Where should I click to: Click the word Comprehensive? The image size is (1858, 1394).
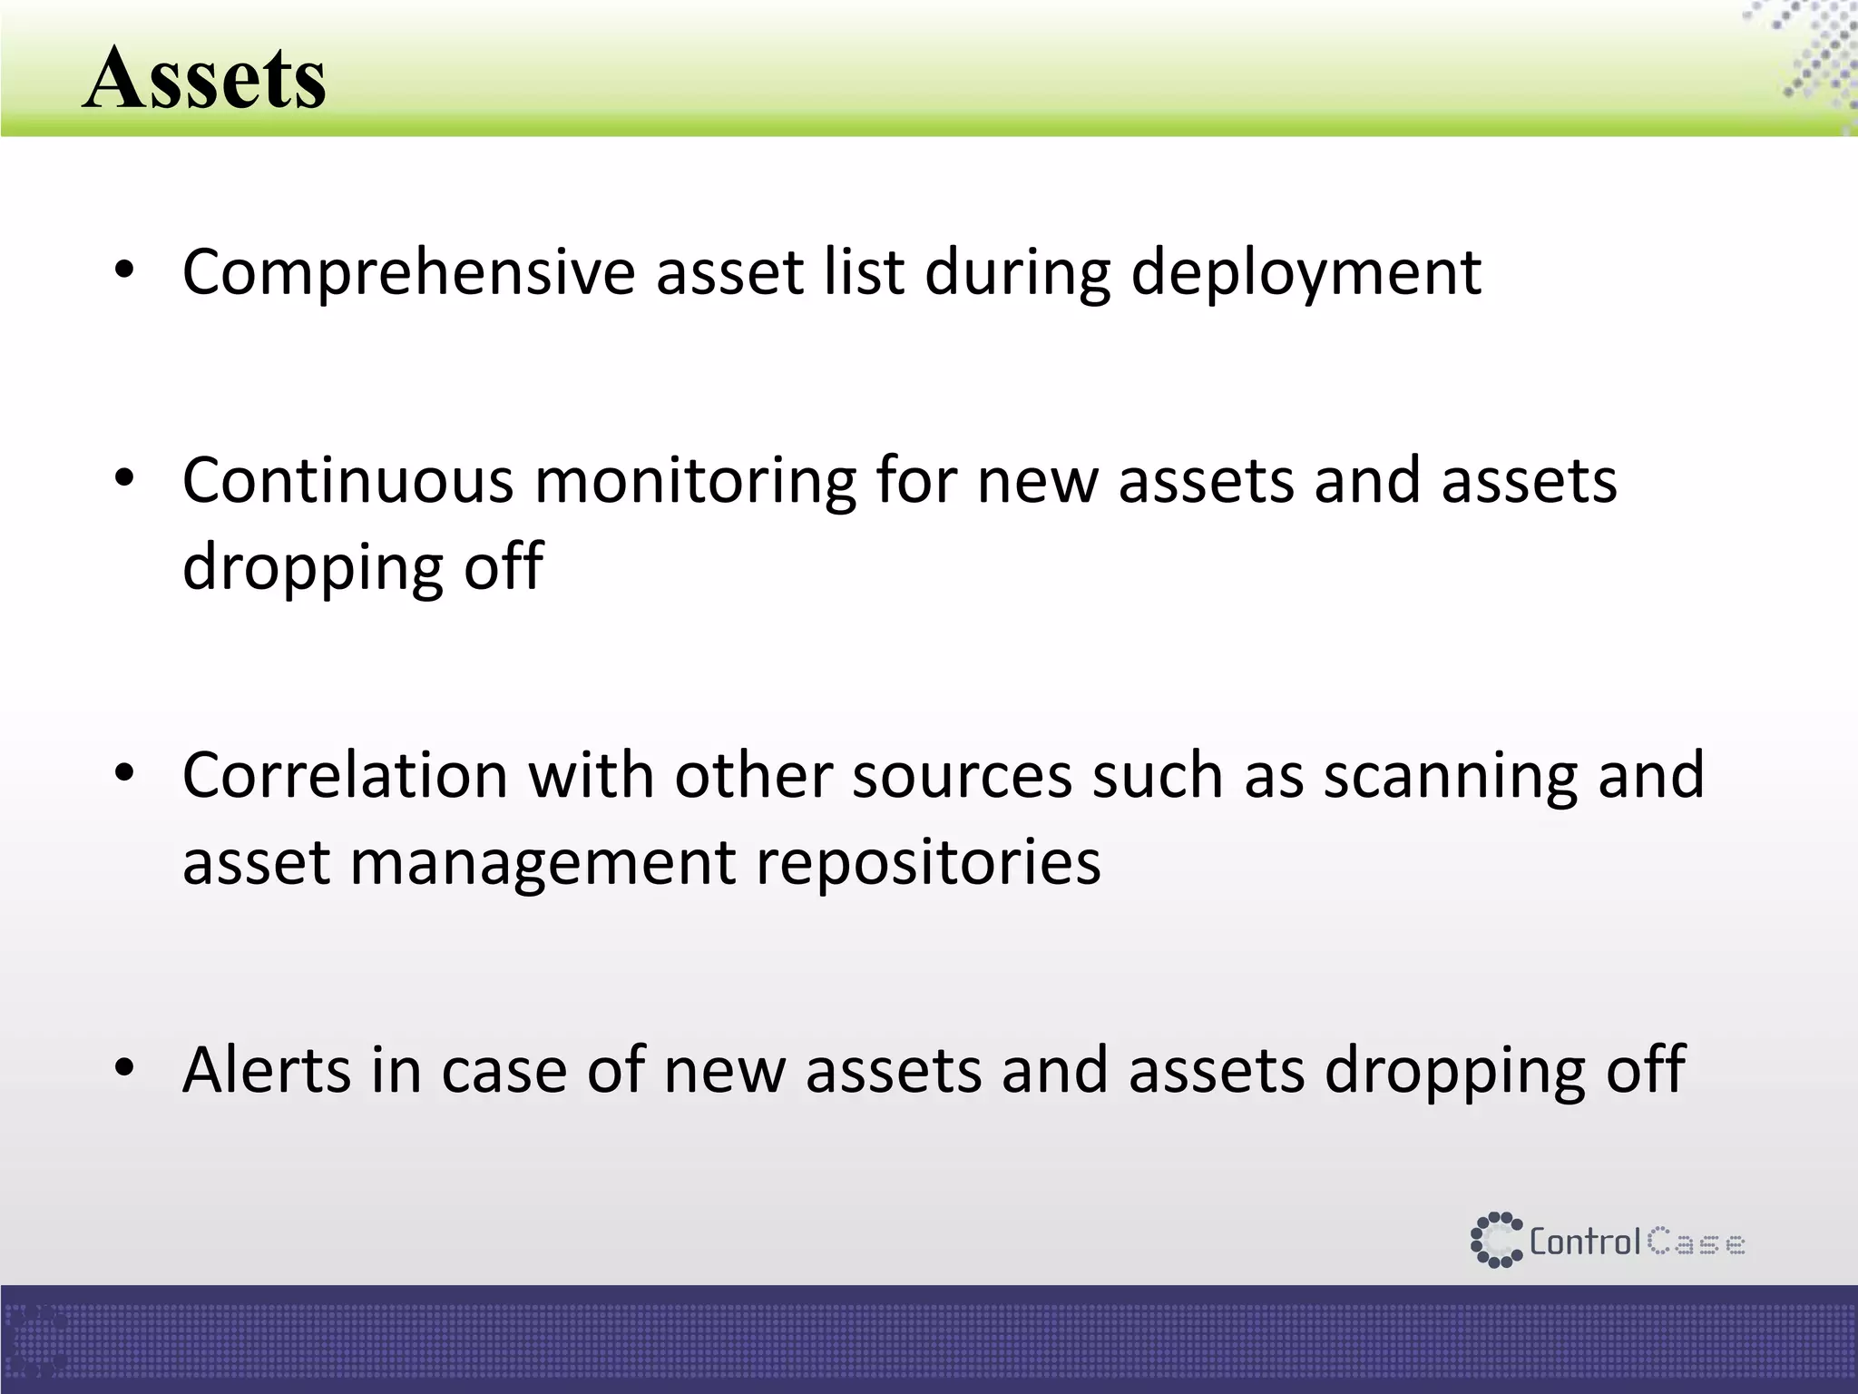[x=408, y=272]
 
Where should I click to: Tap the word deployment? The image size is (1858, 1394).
[x=1306, y=274]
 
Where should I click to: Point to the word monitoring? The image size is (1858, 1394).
[x=695, y=483]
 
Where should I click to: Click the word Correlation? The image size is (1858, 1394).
[x=345, y=776]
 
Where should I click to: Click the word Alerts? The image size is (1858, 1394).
[x=266, y=1070]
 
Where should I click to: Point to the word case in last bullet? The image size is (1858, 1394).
[x=504, y=1072]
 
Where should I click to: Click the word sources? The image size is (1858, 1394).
[x=962, y=778]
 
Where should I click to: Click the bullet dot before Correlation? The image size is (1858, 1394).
[x=124, y=773]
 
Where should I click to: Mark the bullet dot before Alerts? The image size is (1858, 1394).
[x=124, y=1067]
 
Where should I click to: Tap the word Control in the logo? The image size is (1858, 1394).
[x=1584, y=1242]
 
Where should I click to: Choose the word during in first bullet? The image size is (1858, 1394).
[x=1017, y=274]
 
